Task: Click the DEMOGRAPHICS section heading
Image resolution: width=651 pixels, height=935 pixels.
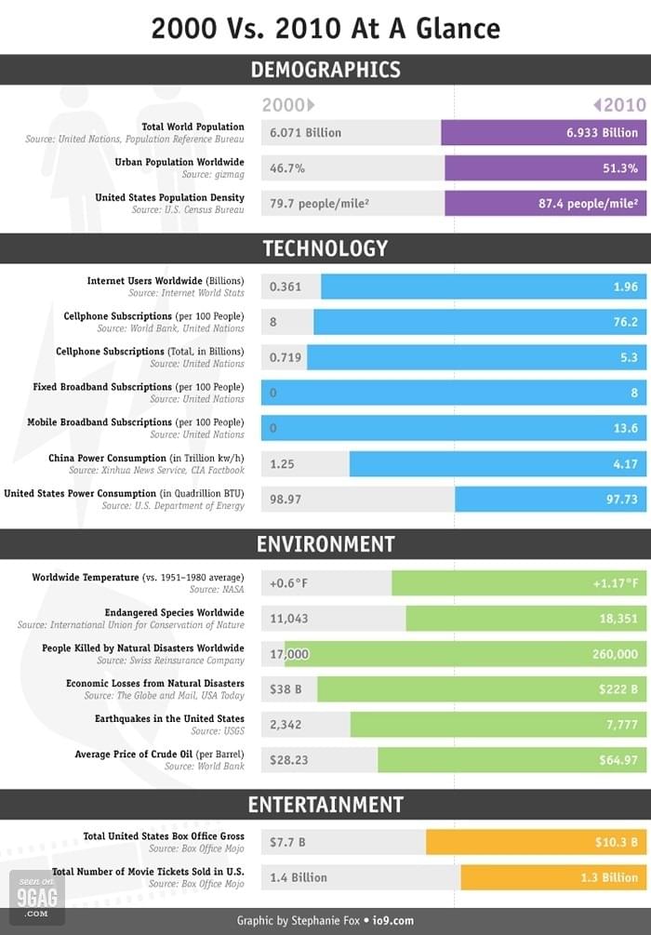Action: tap(325, 70)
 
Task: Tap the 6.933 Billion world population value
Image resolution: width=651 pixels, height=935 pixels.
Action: tap(602, 132)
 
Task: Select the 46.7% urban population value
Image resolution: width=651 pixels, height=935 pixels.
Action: tap(287, 168)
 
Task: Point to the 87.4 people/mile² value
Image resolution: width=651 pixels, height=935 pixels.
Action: tap(589, 204)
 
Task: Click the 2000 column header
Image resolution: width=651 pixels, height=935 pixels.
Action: tap(288, 105)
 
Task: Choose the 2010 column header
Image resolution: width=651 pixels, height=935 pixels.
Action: tap(619, 105)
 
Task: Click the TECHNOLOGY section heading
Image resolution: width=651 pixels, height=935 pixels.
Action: tap(325, 248)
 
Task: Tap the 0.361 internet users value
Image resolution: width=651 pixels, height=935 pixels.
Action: tap(286, 287)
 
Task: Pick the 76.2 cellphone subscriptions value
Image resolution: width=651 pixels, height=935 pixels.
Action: tap(626, 322)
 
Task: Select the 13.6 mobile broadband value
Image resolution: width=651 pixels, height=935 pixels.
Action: tap(626, 428)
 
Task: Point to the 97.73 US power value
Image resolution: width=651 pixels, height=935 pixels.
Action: tap(622, 499)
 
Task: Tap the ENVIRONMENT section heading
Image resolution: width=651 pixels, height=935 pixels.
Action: tap(325, 544)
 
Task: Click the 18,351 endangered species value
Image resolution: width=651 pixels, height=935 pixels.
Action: tap(618, 619)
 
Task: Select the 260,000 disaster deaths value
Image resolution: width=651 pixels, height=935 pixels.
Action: tap(616, 654)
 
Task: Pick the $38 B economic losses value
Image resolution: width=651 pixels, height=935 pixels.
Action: tap(286, 689)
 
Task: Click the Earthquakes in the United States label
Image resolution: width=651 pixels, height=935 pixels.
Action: tap(169, 718)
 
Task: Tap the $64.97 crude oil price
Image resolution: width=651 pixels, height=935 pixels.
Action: tap(618, 760)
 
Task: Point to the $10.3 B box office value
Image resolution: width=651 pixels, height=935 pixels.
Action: tap(617, 842)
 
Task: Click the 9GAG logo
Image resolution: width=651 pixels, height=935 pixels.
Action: tap(37, 898)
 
